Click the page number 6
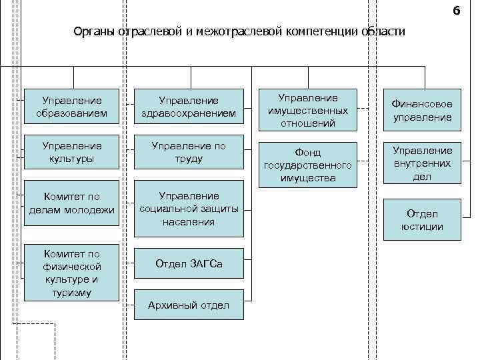[x=456, y=11]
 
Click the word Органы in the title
[x=95, y=32]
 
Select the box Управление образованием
[x=72, y=107]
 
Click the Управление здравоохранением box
[x=189, y=107]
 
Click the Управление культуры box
[x=72, y=152]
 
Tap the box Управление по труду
[x=189, y=152]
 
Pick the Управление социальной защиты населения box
[x=189, y=209]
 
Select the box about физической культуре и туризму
[x=72, y=272]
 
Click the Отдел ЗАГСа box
[x=189, y=265]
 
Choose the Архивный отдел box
[x=189, y=305]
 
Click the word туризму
[x=72, y=292]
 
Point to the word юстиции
[x=421, y=227]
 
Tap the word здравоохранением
[x=189, y=114]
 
